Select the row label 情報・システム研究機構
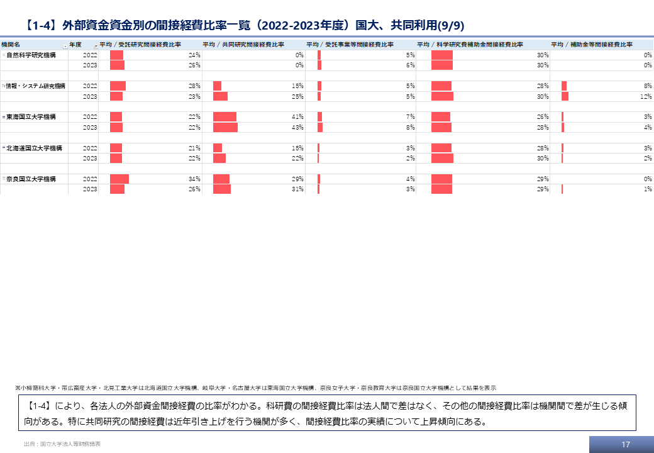[x=36, y=86]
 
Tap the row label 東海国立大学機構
[x=31, y=117]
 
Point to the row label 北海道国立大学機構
[x=34, y=148]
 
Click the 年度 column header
[x=76, y=45]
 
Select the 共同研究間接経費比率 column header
[x=243, y=45]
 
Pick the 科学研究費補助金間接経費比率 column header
[x=470, y=45]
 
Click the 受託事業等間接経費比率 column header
[x=350, y=45]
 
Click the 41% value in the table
[x=297, y=117]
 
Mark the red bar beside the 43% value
[x=225, y=128]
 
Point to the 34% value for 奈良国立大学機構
[x=194, y=179]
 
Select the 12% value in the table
[x=645, y=97]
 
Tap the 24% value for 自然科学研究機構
[x=194, y=55]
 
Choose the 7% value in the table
[x=411, y=117]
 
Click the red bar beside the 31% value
[x=222, y=189]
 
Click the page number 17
[x=625, y=444]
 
